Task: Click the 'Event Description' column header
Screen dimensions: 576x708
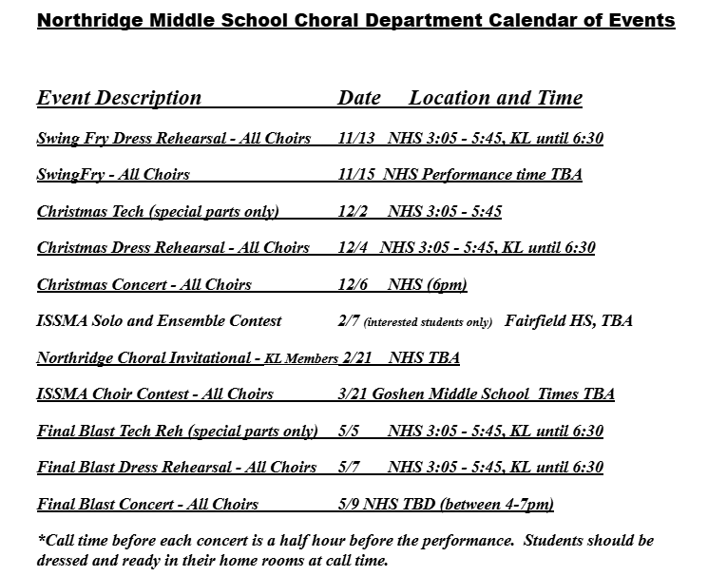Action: pos(119,98)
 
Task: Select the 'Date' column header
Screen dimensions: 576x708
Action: pos(359,98)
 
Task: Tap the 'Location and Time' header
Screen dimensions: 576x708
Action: pos(495,98)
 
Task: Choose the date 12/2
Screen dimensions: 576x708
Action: pos(352,212)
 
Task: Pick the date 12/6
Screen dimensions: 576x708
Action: pos(352,285)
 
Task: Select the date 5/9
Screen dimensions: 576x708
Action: pos(348,505)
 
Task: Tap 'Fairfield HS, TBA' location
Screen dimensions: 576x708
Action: pos(568,321)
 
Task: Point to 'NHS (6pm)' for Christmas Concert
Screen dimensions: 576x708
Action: pos(427,285)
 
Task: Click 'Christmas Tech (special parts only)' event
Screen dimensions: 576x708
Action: pos(158,212)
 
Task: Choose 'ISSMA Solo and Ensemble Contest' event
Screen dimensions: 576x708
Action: pos(159,321)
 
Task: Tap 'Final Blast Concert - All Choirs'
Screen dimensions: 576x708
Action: pos(147,505)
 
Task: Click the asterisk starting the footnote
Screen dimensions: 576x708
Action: pos(41,539)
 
